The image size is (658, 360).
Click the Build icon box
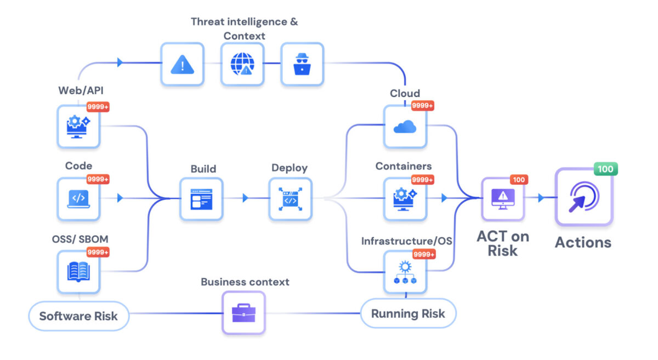click(x=201, y=199)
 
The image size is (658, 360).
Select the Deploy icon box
click(x=290, y=199)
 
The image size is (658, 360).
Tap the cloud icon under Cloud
click(x=405, y=127)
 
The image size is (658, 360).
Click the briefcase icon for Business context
click(x=243, y=313)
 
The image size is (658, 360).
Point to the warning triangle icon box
click(x=182, y=65)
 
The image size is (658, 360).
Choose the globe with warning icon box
click(x=242, y=65)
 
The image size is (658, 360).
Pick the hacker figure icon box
click(x=302, y=65)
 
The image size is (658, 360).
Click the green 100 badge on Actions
click(x=605, y=169)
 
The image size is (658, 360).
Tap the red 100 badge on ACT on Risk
click(x=519, y=180)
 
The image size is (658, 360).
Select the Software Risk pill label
click(x=78, y=316)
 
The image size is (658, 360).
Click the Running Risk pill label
click(x=408, y=314)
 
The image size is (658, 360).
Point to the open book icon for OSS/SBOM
click(x=78, y=272)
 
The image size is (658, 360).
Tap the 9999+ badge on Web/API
click(x=98, y=107)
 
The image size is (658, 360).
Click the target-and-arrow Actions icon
click(x=583, y=197)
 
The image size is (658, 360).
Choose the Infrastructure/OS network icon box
click(x=405, y=272)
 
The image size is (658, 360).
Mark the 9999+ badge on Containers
click(x=423, y=179)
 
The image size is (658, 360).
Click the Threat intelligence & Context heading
click(x=244, y=28)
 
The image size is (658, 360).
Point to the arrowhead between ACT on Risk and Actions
click(x=540, y=198)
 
